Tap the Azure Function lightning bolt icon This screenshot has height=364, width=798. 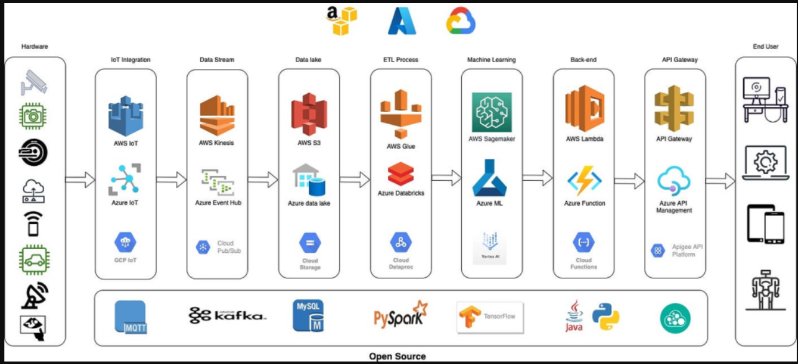pos(584,181)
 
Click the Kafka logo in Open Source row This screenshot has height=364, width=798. pos(227,316)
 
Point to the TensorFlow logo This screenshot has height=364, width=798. pos(490,316)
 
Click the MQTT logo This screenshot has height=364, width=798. pos(131,317)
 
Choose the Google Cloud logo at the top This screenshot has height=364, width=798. pos(461,21)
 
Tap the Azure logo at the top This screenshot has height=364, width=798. pos(401,21)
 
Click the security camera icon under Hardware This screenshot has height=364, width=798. pos(34,81)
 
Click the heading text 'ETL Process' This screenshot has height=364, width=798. pos(401,60)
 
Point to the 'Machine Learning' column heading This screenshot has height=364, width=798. pos(492,60)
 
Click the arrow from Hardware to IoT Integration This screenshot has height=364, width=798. pos(80,180)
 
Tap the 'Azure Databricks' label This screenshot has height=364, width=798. pos(401,193)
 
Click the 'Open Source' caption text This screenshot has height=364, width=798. pos(398,357)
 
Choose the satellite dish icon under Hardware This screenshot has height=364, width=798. pos(34,297)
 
